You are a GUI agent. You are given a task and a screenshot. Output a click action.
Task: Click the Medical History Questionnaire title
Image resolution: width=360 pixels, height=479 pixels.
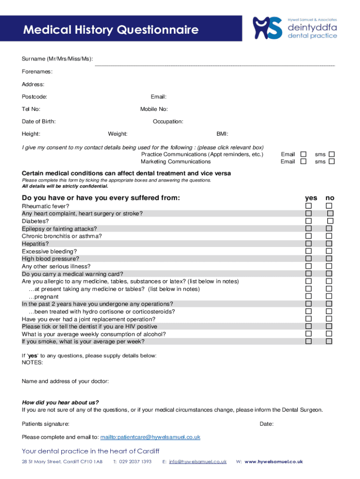tap(111, 30)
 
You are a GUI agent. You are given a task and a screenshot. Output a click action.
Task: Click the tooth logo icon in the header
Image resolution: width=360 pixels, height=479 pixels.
tap(267, 28)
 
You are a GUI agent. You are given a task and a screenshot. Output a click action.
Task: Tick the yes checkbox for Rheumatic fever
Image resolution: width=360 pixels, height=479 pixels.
tap(309, 206)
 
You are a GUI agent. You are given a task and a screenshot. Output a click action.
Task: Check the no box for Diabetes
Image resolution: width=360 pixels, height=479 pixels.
tap(330, 221)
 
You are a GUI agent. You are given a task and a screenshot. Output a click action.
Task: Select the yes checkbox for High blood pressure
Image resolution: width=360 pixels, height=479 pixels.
tap(309, 259)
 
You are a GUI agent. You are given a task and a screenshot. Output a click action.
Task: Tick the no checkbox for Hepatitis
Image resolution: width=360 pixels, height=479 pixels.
tap(329, 244)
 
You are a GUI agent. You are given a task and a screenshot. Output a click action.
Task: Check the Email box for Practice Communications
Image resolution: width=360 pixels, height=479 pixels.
tap(303, 154)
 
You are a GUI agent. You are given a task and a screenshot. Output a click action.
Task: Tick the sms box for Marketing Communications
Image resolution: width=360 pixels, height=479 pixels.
tap(331, 161)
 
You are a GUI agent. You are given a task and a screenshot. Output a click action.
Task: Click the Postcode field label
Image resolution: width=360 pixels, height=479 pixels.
tap(34, 97)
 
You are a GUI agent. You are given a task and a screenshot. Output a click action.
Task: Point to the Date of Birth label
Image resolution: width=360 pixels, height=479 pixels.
tap(39, 122)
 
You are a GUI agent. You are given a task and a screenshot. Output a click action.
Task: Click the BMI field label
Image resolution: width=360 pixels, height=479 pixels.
tap(222, 134)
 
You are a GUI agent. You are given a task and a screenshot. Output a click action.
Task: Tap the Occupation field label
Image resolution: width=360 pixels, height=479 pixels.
tap(168, 122)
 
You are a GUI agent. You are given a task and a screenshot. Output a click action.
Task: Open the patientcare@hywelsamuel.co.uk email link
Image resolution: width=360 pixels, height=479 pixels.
tap(151, 437)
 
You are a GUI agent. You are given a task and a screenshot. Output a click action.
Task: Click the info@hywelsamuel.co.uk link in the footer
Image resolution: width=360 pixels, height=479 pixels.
tap(198, 462)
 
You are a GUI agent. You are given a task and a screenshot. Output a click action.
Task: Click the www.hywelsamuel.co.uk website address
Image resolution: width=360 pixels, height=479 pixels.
tap(274, 462)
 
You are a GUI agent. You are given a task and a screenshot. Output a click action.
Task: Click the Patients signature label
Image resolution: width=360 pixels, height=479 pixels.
tap(46, 424)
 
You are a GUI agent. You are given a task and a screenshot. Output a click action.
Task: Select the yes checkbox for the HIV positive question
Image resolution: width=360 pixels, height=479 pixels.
tap(309, 327)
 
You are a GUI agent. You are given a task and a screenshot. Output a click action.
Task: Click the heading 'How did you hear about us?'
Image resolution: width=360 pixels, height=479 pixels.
tap(60, 402)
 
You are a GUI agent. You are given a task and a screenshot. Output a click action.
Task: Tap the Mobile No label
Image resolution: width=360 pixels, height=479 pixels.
tap(154, 109)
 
